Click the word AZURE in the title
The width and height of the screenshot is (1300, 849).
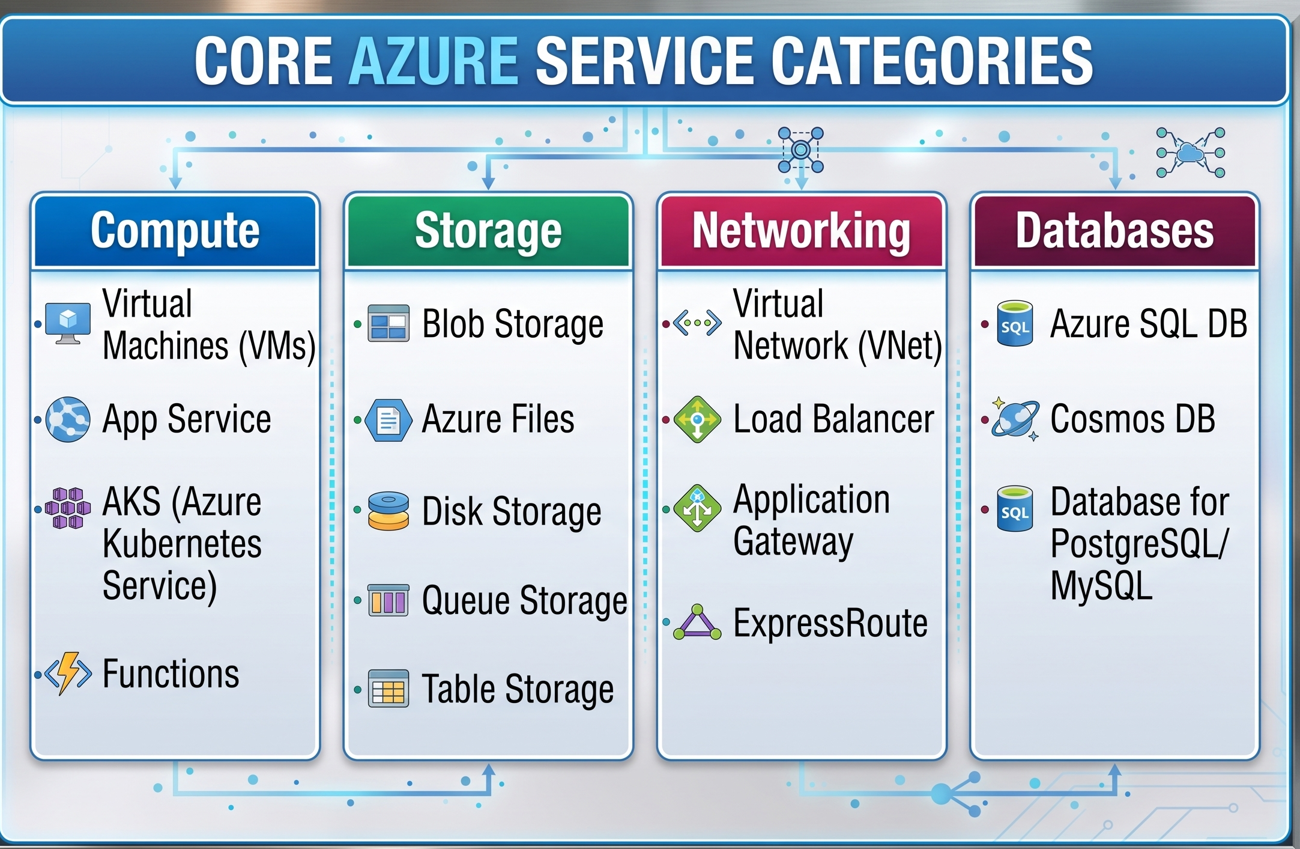pos(434,61)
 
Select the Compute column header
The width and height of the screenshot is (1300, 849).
pos(175,231)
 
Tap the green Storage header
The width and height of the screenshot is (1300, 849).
pos(488,231)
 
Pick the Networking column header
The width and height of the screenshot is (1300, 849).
pos(802,231)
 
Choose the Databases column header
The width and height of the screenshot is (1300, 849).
pos(1115,231)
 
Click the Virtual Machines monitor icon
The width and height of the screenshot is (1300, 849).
pos(68,323)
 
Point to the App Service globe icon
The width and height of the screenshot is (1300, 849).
pos(68,419)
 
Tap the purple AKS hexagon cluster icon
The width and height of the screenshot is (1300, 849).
pos(68,508)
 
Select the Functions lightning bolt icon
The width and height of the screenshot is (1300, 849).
pos(68,674)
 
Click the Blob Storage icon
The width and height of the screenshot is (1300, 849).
pos(388,323)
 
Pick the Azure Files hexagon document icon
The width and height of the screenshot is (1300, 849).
pos(388,420)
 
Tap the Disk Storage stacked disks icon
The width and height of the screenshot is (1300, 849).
pos(388,511)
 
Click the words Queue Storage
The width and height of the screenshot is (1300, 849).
pos(524,601)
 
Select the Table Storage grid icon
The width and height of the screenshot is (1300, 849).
pos(388,689)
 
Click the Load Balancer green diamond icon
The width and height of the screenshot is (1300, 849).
pos(697,419)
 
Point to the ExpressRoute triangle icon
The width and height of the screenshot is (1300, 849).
pos(697,622)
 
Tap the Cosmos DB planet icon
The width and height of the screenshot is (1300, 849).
pos(1015,419)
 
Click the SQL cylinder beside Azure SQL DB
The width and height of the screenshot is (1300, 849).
pos(1015,323)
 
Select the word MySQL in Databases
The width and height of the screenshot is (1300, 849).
pos(1101,586)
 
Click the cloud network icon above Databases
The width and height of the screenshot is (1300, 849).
pos(1191,153)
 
